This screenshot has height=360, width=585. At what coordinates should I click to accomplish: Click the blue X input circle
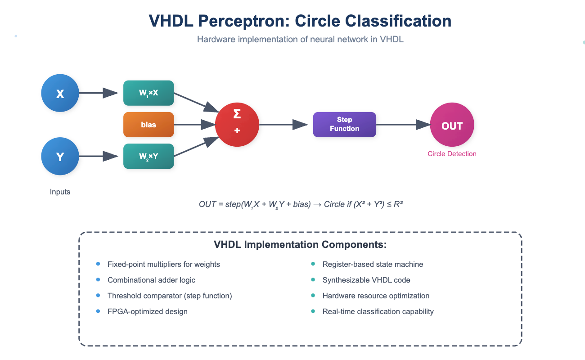60,94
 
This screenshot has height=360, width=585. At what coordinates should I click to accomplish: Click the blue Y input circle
60,157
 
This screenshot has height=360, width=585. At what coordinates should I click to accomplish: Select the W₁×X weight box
148,93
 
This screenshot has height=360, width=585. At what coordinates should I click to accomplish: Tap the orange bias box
148,125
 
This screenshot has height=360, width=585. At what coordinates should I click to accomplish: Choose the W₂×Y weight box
148,156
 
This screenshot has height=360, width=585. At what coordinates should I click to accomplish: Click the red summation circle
237,125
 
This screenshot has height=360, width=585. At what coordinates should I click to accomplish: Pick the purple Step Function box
344,125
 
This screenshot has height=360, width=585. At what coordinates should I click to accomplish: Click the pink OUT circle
452,126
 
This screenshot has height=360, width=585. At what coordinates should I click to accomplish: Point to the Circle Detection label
452,154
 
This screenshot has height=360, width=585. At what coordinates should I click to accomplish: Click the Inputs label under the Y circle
60,192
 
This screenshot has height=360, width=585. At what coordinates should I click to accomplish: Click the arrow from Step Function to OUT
403,125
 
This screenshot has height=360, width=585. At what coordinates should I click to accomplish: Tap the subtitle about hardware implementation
300,40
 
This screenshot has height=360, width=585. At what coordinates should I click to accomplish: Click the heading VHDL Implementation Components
300,245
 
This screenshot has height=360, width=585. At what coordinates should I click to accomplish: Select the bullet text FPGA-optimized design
147,311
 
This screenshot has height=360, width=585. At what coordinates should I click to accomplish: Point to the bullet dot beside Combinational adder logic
98,280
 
